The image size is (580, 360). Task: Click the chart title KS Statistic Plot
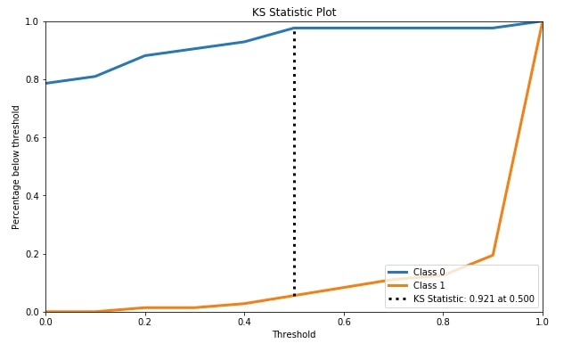[294, 12]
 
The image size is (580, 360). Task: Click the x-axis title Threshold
[294, 334]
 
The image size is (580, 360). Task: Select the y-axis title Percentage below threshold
[15, 168]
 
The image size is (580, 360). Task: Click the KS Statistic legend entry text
[474, 299]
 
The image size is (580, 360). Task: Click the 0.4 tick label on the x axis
[244, 322]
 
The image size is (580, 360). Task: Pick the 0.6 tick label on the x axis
[344, 322]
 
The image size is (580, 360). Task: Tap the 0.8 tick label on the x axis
[443, 322]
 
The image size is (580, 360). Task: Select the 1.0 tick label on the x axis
[543, 322]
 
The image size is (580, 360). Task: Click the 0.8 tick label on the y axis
[32, 79]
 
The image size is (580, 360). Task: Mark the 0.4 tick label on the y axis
[32, 196]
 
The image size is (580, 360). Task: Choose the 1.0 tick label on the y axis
[32, 21]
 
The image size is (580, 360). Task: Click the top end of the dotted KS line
[294, 29]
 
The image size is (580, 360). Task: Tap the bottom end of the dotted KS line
[294, 295]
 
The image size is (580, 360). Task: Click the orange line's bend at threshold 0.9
[493, 255]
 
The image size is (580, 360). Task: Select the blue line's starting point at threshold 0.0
[45, 83]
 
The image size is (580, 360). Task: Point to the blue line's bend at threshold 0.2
[145, 55]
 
